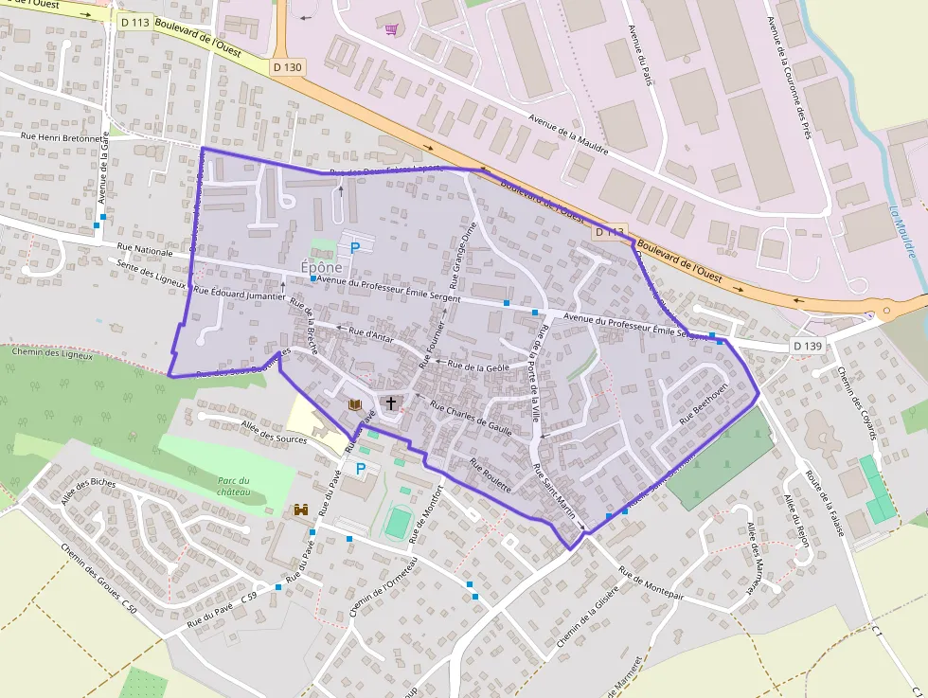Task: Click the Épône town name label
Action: click(x=321, y=267)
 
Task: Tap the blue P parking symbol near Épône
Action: click(x=355, y=248)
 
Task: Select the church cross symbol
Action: click(x=390, y=403)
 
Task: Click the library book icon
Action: click(x=355, y=404)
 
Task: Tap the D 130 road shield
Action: click(x=288, y=67)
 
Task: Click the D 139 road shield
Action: click(x=808, y=346)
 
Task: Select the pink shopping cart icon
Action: click(x=391, y=29)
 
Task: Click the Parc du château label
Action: click(x=234, y=486)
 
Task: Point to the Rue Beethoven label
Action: click(x=704, y=403)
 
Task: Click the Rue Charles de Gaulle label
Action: click(x=471, y=418)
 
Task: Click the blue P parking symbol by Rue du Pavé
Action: click(x=360, y=468)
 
